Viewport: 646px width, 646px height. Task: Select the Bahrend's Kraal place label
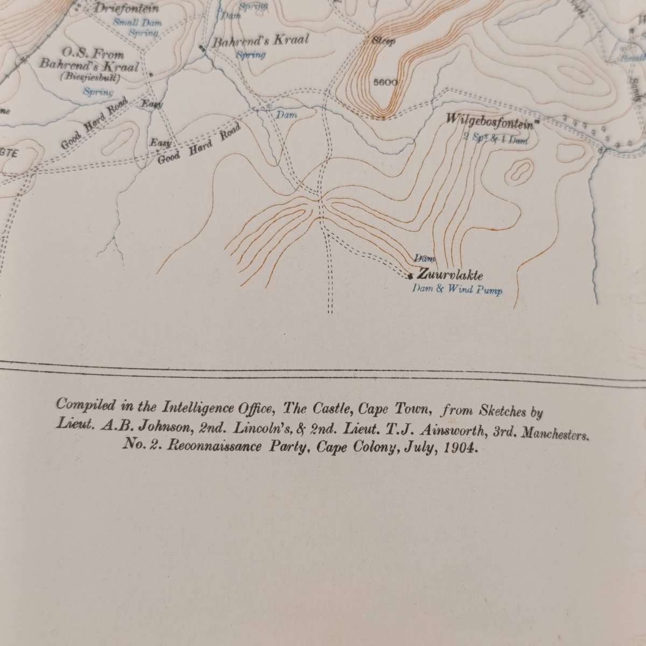coord(261,40)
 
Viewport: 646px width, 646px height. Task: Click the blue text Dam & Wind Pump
coord(457,290)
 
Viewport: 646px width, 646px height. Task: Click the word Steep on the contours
coord(383,41)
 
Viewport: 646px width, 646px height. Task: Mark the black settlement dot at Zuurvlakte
coord(411,276)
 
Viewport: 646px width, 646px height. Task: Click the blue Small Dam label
coord(129,23)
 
